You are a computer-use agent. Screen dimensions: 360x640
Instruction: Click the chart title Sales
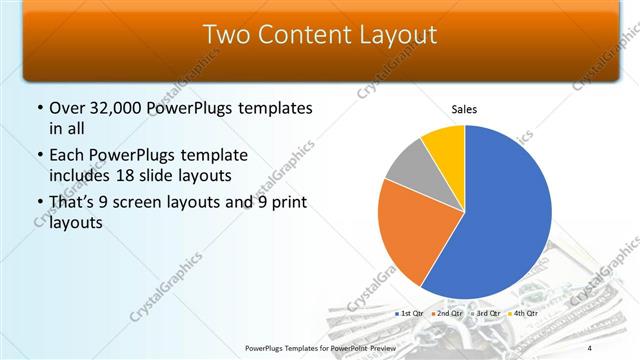pyautogui.click(x=465, y=108)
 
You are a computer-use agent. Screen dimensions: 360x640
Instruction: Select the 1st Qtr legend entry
pyautogui.click(x=411, y=313)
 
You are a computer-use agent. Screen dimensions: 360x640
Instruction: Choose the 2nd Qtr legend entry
pyautogui.click(x=448, y=313)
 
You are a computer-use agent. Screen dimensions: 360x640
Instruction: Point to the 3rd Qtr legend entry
pyautogui.click(x=485, y=313)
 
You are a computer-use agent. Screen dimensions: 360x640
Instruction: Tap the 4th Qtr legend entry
pyautogui.click(x=521, y=313)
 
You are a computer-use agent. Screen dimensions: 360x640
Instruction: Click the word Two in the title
pyautogui.click(x=226, y=35)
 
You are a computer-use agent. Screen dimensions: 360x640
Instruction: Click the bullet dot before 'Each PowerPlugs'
pyautogui.click(x=39, y=156)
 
